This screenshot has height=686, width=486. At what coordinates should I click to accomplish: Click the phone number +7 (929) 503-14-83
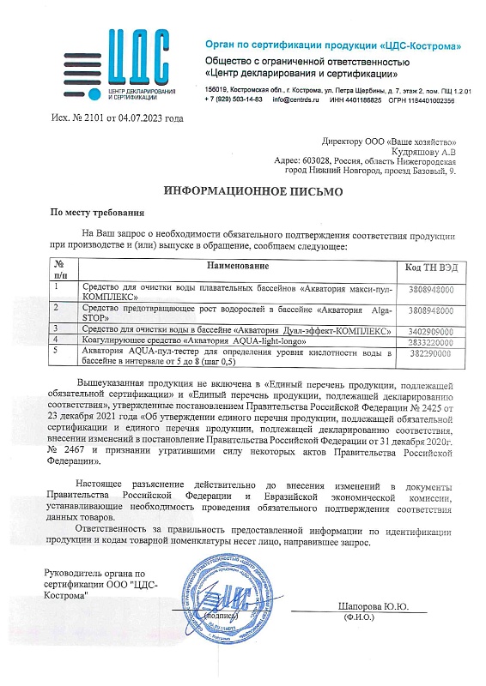pyautogui.click(x=234, y=100)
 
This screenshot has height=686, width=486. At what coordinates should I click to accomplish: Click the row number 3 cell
pyautogui.click(x=62, y=329)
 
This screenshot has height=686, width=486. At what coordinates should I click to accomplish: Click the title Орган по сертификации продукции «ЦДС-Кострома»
pyautogui.click(x=331, y=44)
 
